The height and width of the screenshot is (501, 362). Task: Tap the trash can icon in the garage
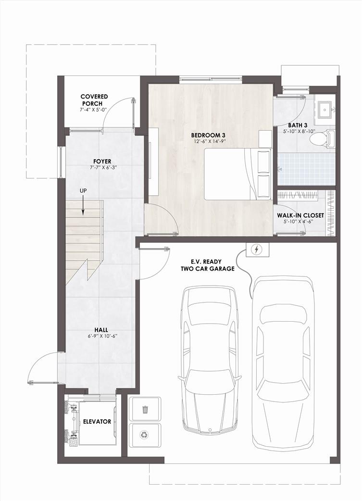[x=145, y=409]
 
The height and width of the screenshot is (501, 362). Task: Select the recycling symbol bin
[x=144, y=435]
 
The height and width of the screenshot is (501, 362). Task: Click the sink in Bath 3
[x=325, y=109]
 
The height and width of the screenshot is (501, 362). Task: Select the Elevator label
[x=97, y=422]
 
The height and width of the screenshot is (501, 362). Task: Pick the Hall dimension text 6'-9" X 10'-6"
[x=101, y=336]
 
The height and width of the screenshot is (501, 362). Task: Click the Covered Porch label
[x=94, y=100]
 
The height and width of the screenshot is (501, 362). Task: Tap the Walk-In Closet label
[x=300, y=215]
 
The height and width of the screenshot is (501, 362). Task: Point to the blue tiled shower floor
[x=306, y=169]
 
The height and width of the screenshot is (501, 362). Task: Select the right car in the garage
[x=283, y=363]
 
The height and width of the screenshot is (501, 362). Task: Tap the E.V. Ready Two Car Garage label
[x=208, y=265]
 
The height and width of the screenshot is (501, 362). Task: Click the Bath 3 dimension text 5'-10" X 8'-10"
[x=299, y=131]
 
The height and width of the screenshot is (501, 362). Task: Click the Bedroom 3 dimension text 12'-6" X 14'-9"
[x=207, y=141]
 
